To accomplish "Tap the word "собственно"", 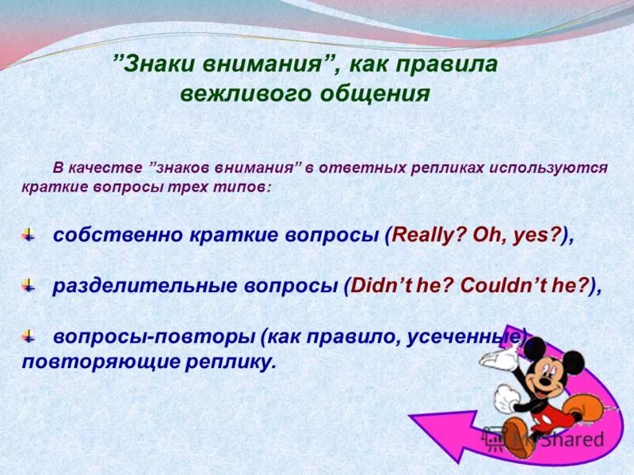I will pos(118,234).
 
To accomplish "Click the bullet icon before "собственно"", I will pos(29,234).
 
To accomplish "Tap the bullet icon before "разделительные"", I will pos(29,285).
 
